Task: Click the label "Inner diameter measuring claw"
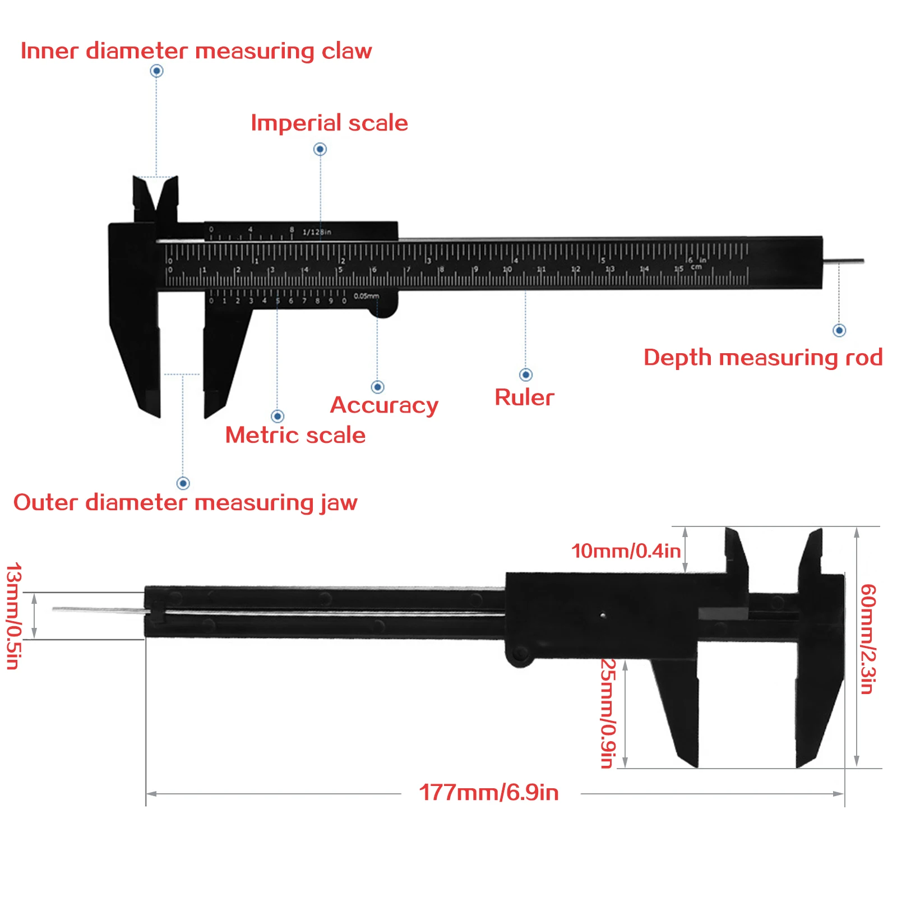[x=196, y=51]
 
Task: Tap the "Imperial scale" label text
[x=329, y=123]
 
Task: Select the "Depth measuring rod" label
[x=762, y=358]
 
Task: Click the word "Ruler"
[x=524, y=397]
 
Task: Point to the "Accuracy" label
[x=384, y=405]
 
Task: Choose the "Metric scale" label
[x=295, y=435]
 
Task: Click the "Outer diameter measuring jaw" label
[x=185, y=502]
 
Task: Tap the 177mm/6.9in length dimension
[x=489, y=793]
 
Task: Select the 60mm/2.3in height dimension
[x=867, y=639]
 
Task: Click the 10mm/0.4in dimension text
[x=626, y=551]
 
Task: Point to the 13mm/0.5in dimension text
[x=13, y=616]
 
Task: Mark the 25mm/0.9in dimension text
[x=608, y=713]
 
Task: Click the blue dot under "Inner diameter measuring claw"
[x=157, y=71]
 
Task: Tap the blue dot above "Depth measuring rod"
[x=839, y=330]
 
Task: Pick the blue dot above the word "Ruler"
[x=526, y=374]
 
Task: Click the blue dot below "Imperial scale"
[x=320, y=149]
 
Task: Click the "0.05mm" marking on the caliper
[x=367, y=296]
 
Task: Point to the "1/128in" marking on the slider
[x=317, y=232]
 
